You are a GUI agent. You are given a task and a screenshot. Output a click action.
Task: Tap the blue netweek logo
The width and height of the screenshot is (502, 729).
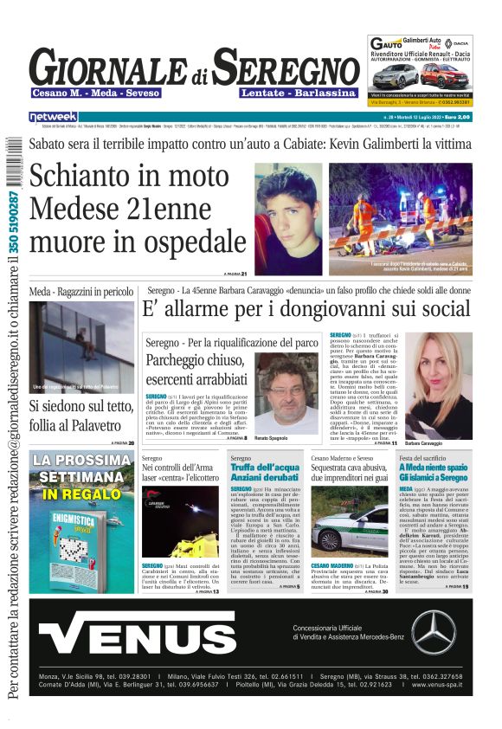53,116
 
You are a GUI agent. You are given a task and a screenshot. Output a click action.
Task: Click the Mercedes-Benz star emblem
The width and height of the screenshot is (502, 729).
433,631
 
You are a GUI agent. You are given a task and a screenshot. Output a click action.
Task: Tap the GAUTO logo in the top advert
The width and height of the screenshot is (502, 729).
387,44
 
